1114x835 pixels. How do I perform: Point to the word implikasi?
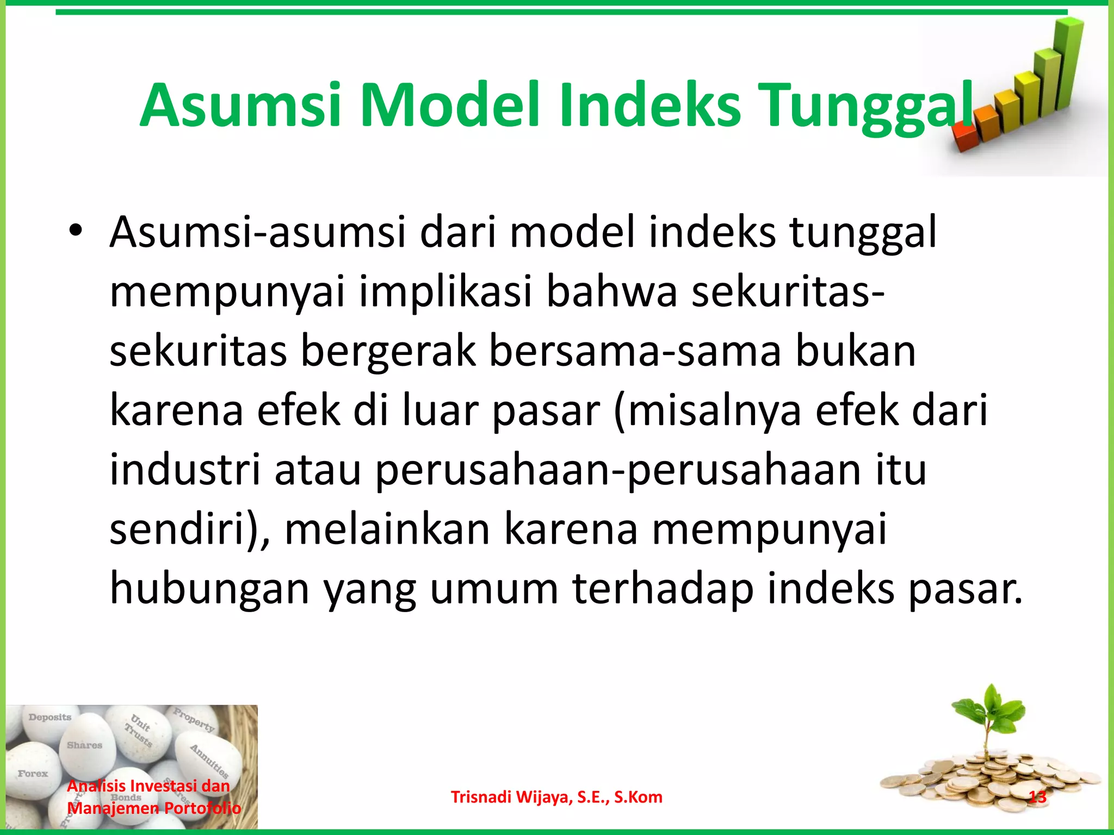(x=445, y=292)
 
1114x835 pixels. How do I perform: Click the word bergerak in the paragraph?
(x=387, y=352)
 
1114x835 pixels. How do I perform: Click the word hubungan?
(x=209, y=589)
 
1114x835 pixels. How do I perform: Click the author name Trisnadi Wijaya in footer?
(x=556, y=797)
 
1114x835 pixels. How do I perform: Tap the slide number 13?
(x=1038, y=797)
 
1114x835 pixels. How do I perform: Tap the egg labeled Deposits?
(x=50, y=723)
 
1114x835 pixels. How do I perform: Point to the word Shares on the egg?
(x=84, y=745)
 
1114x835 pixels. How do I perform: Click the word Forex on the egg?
(x=33, y=774)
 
